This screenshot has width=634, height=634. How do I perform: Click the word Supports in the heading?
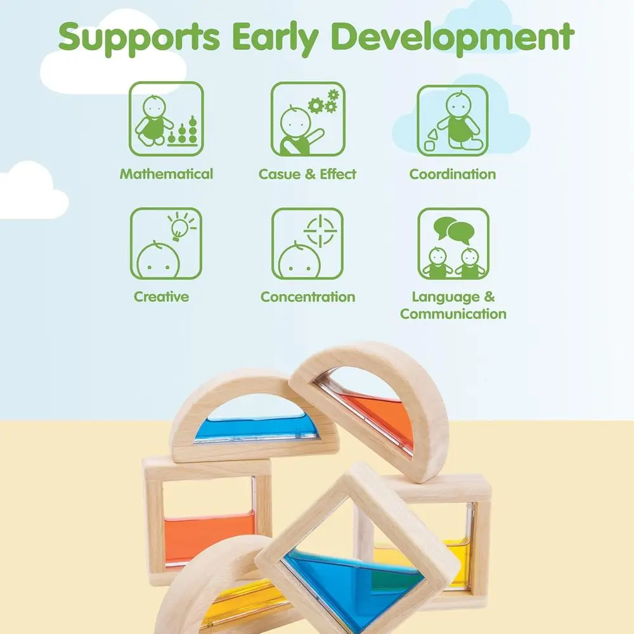139,37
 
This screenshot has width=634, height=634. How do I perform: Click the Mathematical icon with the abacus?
166,119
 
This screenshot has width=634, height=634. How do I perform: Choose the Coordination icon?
453,120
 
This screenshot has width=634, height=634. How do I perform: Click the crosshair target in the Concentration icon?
320,231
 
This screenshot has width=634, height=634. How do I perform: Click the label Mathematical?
166,174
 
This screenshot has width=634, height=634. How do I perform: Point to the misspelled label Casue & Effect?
307,174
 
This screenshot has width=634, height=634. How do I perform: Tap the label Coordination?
453,174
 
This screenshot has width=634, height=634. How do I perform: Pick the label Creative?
161,296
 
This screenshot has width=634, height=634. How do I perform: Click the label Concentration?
307,297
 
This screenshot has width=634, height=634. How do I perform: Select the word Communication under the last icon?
453,314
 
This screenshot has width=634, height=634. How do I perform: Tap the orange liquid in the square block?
210,538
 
